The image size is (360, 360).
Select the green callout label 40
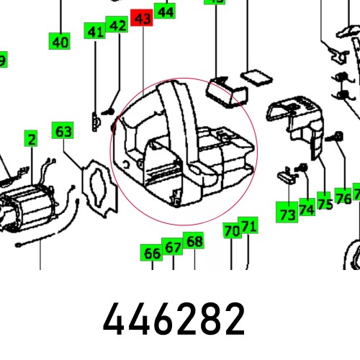[60, 42]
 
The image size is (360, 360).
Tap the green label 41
[95, 31]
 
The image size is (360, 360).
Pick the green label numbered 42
[117, 26]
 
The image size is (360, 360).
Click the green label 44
[165, 12]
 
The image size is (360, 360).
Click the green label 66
[152, 253]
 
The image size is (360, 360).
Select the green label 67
[173, 247]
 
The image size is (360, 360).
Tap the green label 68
[194, 241]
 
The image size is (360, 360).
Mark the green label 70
[231, 231]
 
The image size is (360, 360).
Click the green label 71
[248, 226]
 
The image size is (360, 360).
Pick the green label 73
[288, 215]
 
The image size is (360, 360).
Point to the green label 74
[307, 210]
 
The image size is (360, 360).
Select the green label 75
[325, 204]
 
